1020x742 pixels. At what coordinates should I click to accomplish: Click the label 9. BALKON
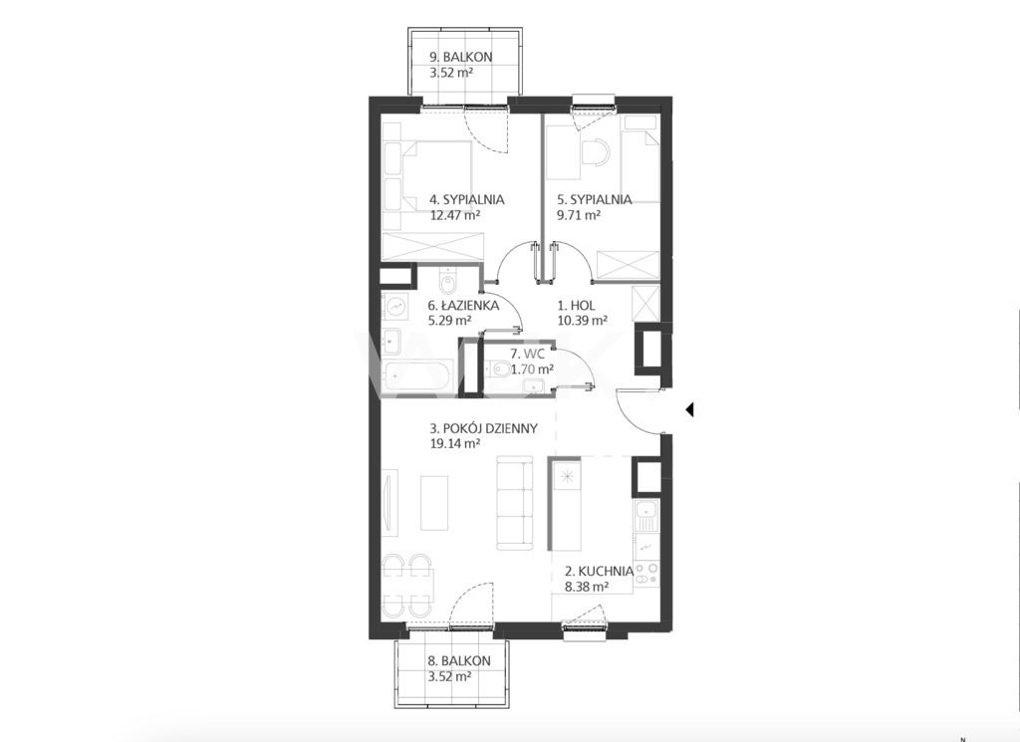click(x=460, y=57)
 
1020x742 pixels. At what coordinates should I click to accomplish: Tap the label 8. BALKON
click(x=458, y=660)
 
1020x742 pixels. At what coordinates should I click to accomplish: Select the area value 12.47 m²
click(x=455, y=215)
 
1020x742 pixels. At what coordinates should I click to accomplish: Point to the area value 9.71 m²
click(x=579, y=215)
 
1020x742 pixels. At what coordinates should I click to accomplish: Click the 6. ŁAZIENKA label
click(x=463, y=305)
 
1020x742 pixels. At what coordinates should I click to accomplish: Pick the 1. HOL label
click(x=577, y=305)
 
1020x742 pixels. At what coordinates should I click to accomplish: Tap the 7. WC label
click(x=526, y=354)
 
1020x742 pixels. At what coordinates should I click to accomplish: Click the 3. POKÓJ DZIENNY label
click(x=483, y=428)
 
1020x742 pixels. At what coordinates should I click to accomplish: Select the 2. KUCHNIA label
click(x=599, y=572)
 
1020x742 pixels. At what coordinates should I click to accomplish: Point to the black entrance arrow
click(x=689, y=409)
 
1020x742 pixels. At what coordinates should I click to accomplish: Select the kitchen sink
click(x=645, y=517)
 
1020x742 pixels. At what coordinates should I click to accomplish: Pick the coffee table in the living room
click(x=434, y=503)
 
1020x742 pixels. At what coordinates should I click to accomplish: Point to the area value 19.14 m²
click(x=454, y=444)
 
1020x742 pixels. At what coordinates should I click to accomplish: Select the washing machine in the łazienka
click(x=394, y=306)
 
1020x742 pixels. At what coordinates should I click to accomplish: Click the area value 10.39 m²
click(x=582, y=320)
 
